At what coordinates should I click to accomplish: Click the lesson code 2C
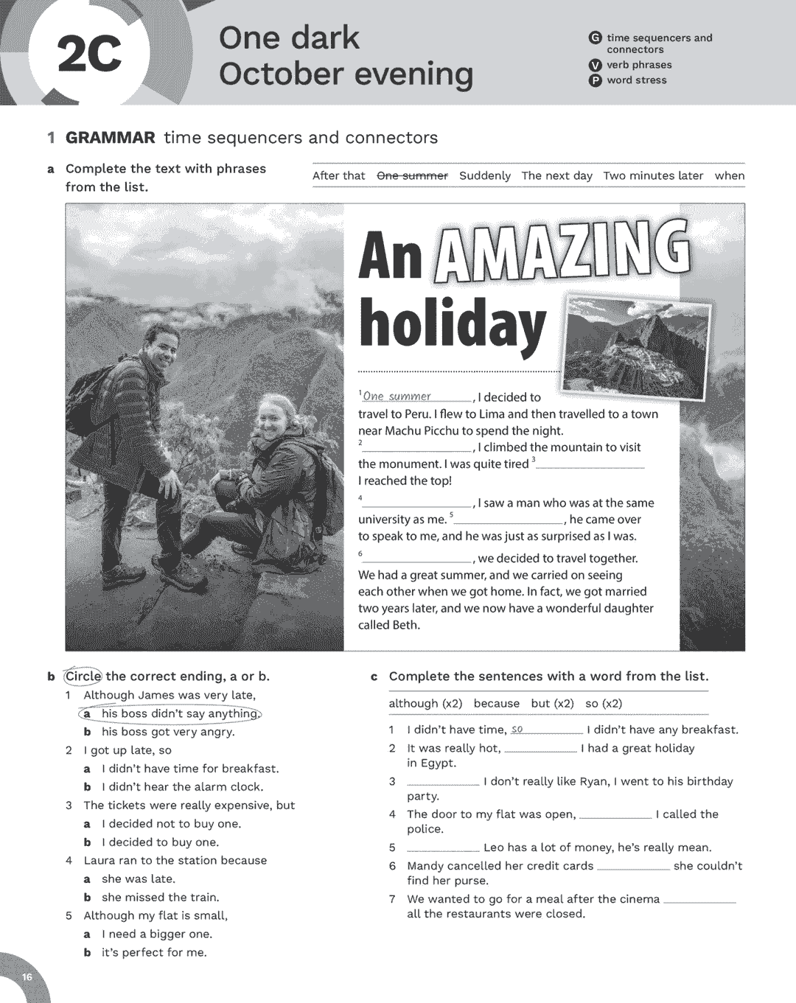(89, 55)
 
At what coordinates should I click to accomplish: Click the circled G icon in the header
(595, 38)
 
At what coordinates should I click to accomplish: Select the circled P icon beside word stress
(595, 81)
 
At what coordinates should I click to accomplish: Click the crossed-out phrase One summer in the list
(412, 176)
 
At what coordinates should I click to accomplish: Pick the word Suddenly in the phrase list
(484, 176)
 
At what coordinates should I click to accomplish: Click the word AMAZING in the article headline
(563, 254)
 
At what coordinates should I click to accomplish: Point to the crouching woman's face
(270, 419)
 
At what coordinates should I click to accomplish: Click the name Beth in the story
(406, 625)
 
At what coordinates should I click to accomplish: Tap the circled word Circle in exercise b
(83, 677)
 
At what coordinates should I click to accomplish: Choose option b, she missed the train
(160, 897)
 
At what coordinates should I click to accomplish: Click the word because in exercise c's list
(496, 703)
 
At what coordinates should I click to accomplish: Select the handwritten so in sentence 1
(517, 730)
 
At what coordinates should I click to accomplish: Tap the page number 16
(27, 977)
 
